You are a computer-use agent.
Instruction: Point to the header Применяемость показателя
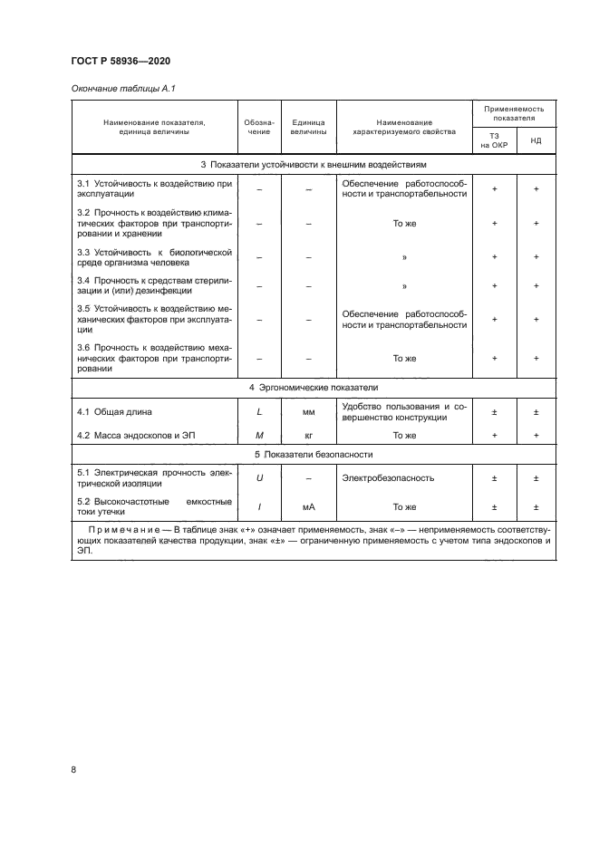pyautogui.click(x=515, y=112)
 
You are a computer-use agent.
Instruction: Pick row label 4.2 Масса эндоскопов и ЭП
pyautogui.click(x=137, y=436)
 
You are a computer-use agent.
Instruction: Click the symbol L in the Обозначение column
pyautogui.click(x=259, y=412)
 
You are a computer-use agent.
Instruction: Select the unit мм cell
pyautogui.click(x=308, y=412)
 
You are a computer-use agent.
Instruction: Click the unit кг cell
pyautogui.click(x=308, y=436)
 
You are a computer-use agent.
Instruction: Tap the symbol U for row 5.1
pyautogui.click(x=259, y=476)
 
